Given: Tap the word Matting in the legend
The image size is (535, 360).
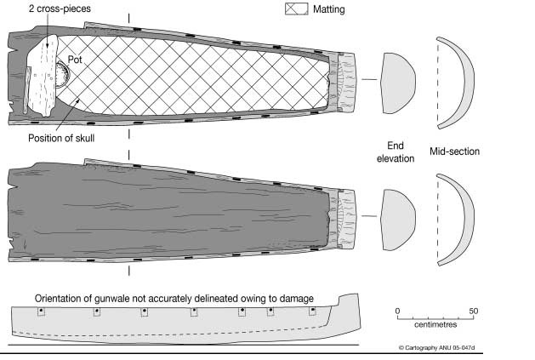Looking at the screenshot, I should (x=329, y=10).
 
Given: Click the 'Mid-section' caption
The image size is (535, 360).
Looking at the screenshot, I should (x=457, y=151).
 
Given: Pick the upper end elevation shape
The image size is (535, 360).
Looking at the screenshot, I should (x=397, y=78).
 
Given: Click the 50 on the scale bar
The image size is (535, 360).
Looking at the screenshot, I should (x=474, y=311).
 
